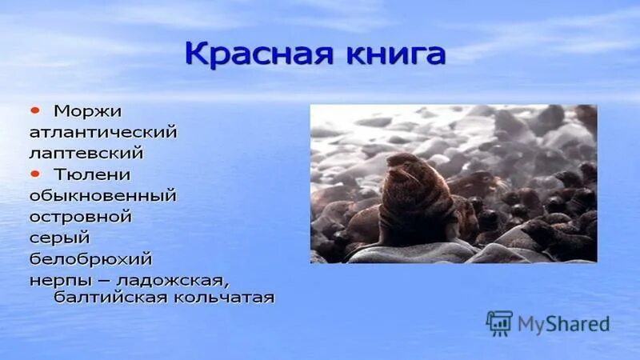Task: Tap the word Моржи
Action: coord(88,109)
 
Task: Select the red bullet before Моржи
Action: coord(36,108)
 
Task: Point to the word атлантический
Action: coord(102,130)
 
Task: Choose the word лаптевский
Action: coord(86,151)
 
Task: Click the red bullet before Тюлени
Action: coord(36,173)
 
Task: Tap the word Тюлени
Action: coord(92,174)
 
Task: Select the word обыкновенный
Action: coord(102,195)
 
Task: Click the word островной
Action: coord(81,217)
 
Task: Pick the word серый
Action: coord(60,238)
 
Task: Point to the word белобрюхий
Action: coord(90,259)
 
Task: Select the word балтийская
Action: coord(108,298)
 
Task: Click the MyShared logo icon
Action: coord(499,323)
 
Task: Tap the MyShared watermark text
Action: coord(563,324)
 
